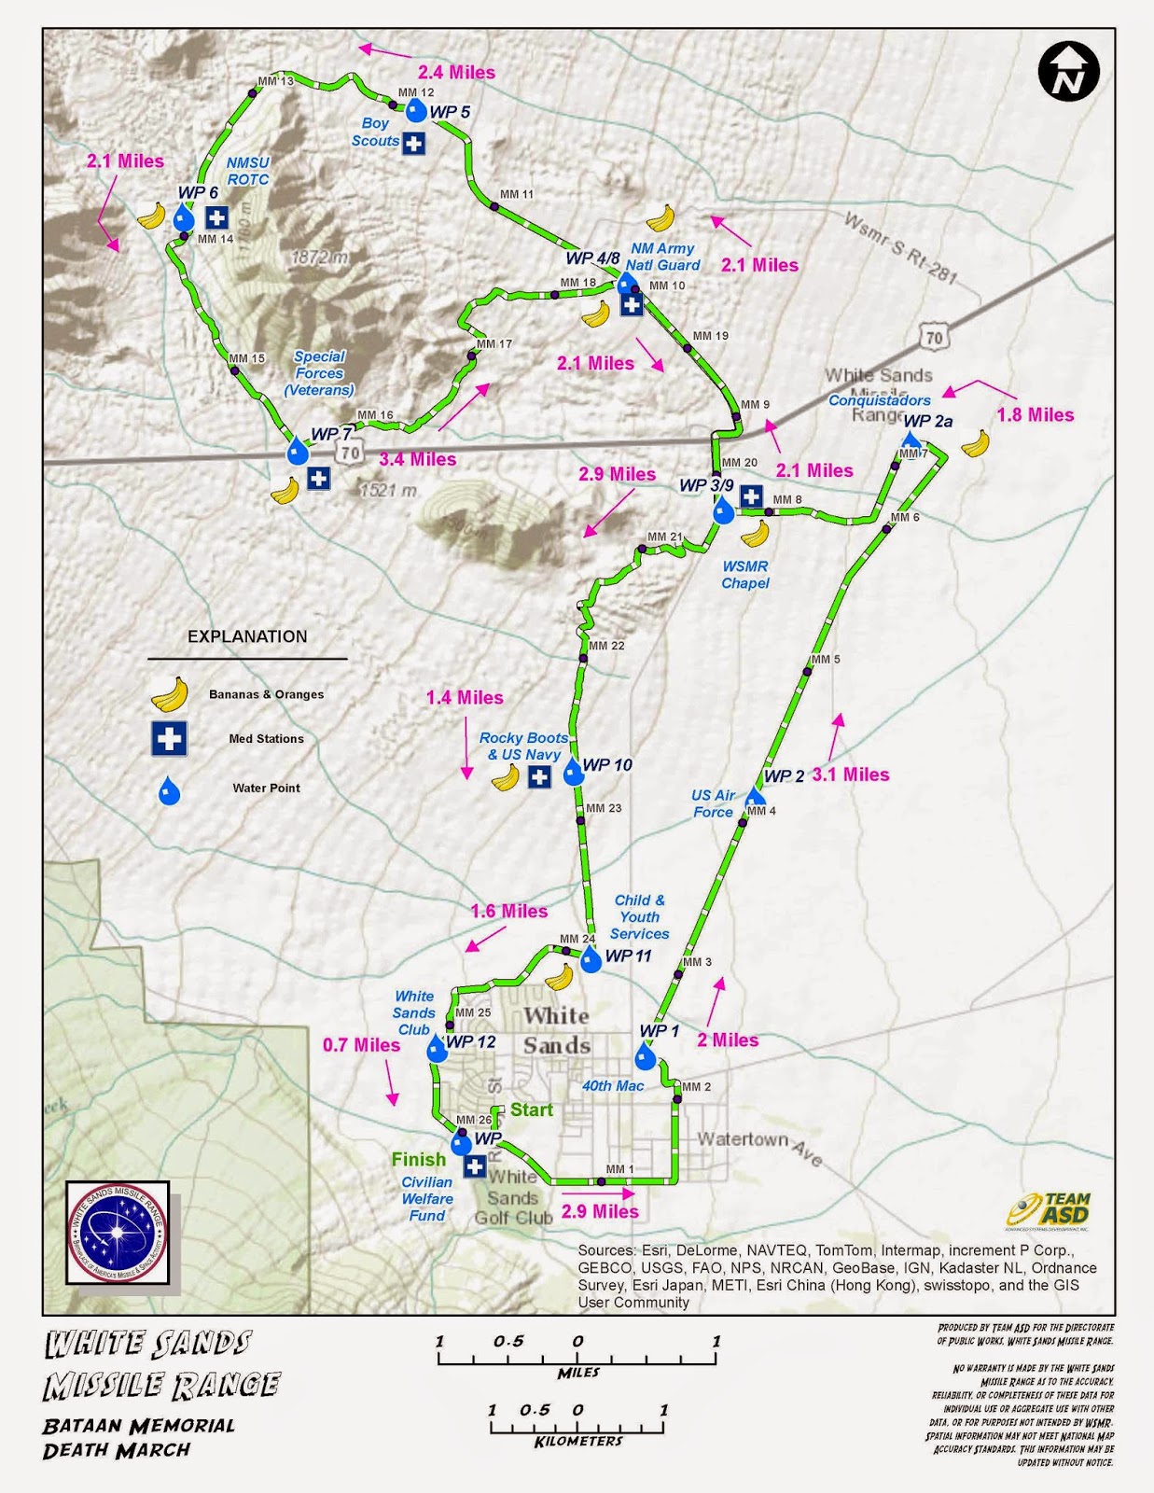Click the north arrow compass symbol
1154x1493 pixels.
point(1068,72)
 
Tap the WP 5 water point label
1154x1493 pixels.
point(450,112)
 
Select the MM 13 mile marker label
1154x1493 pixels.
point(275,81)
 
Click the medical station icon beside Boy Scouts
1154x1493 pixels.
point(413,143)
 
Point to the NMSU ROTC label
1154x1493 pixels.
point(247,172)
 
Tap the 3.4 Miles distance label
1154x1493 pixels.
point(417,459)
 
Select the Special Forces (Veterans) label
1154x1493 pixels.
point(319,373)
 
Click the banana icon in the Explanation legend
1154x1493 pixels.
point(170,694)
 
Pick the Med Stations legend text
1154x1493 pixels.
point(266,738)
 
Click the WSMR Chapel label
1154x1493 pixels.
point(745,575)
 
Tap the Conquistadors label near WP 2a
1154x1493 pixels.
point(879,400)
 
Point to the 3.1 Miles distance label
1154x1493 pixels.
point(850,774)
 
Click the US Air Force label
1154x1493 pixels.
point(713,803)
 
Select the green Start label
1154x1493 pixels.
point(531,1109)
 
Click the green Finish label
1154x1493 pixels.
point(418,1159)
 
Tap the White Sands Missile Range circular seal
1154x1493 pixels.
point(118,1233)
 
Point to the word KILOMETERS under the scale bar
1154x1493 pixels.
point(577,1442)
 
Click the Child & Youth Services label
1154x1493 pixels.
point(639,917)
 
